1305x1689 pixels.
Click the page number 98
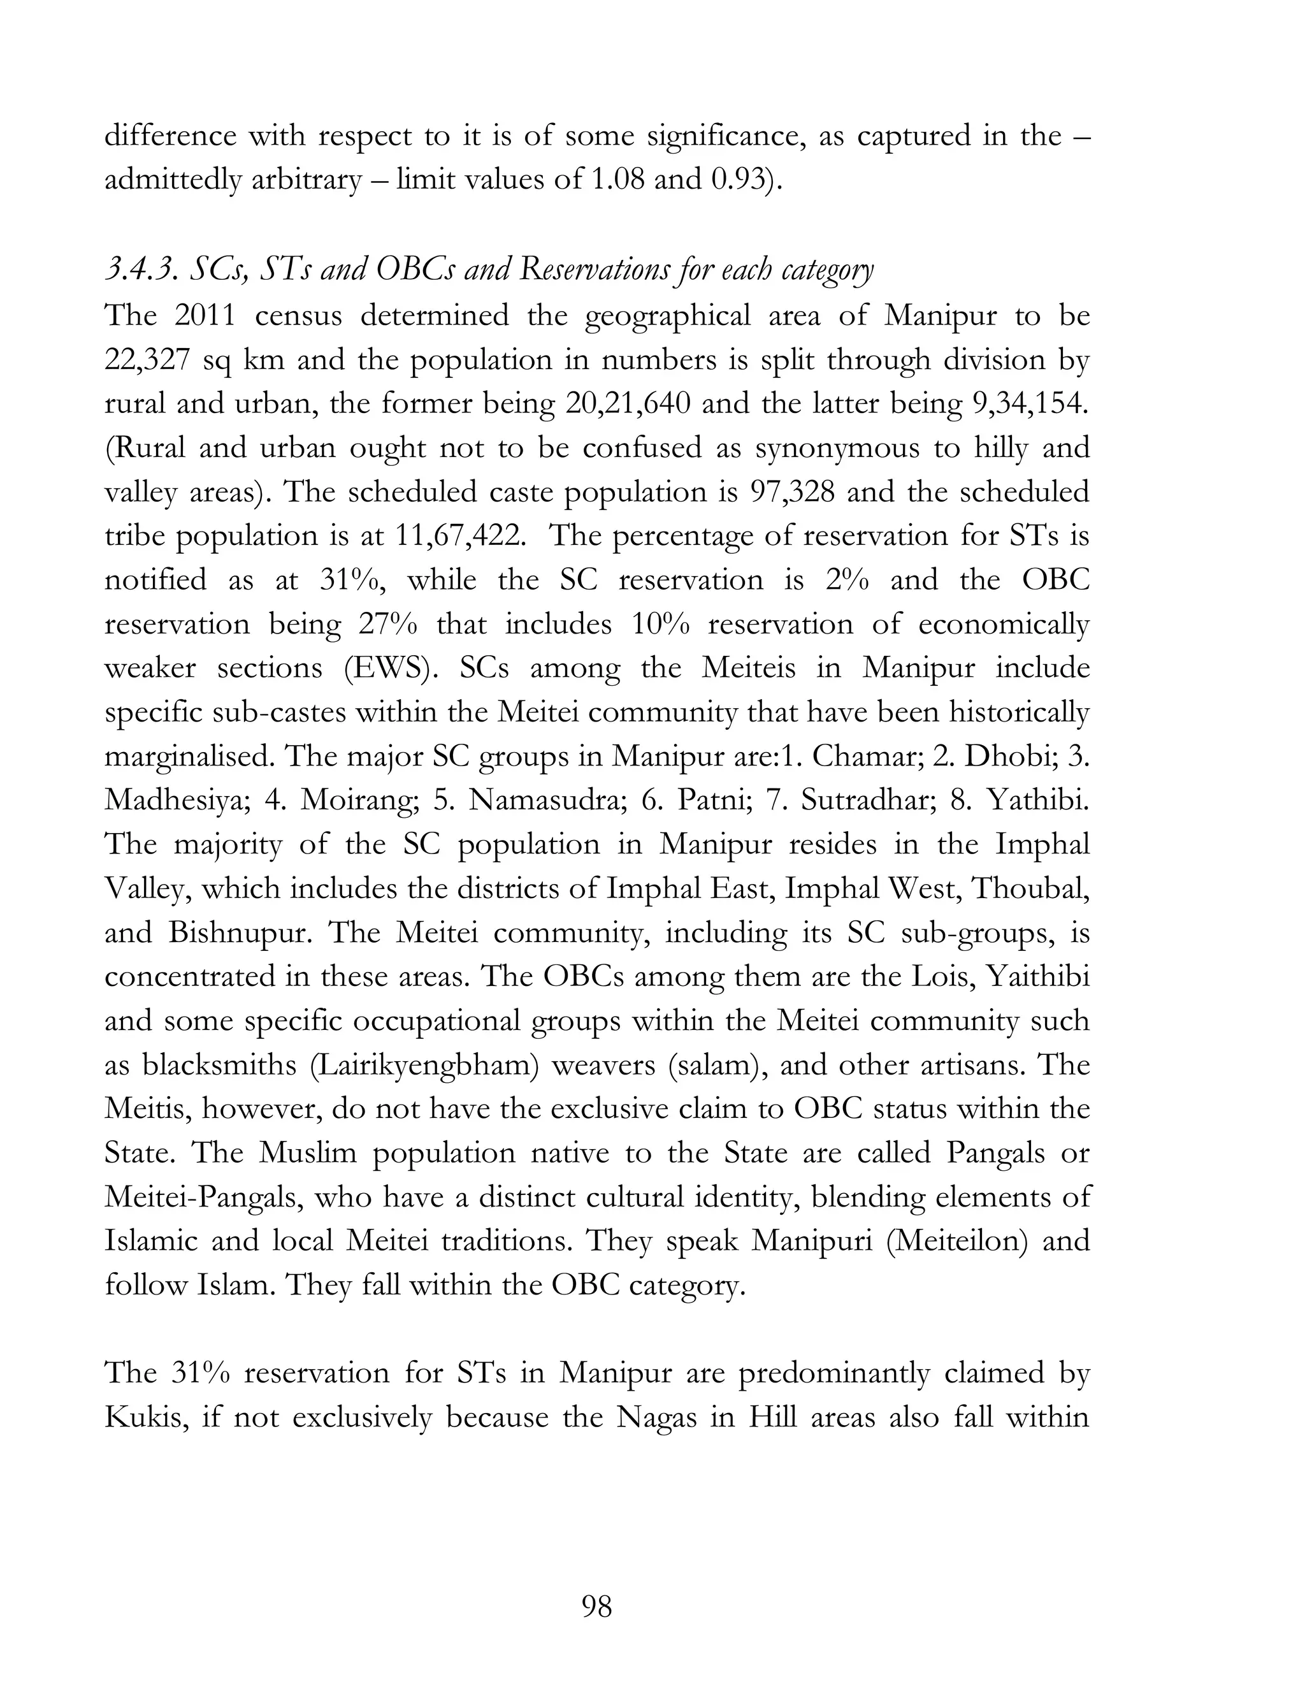(596, 1606)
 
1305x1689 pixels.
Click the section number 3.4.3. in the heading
(139, 270)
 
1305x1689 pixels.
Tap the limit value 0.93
(737, 180)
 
